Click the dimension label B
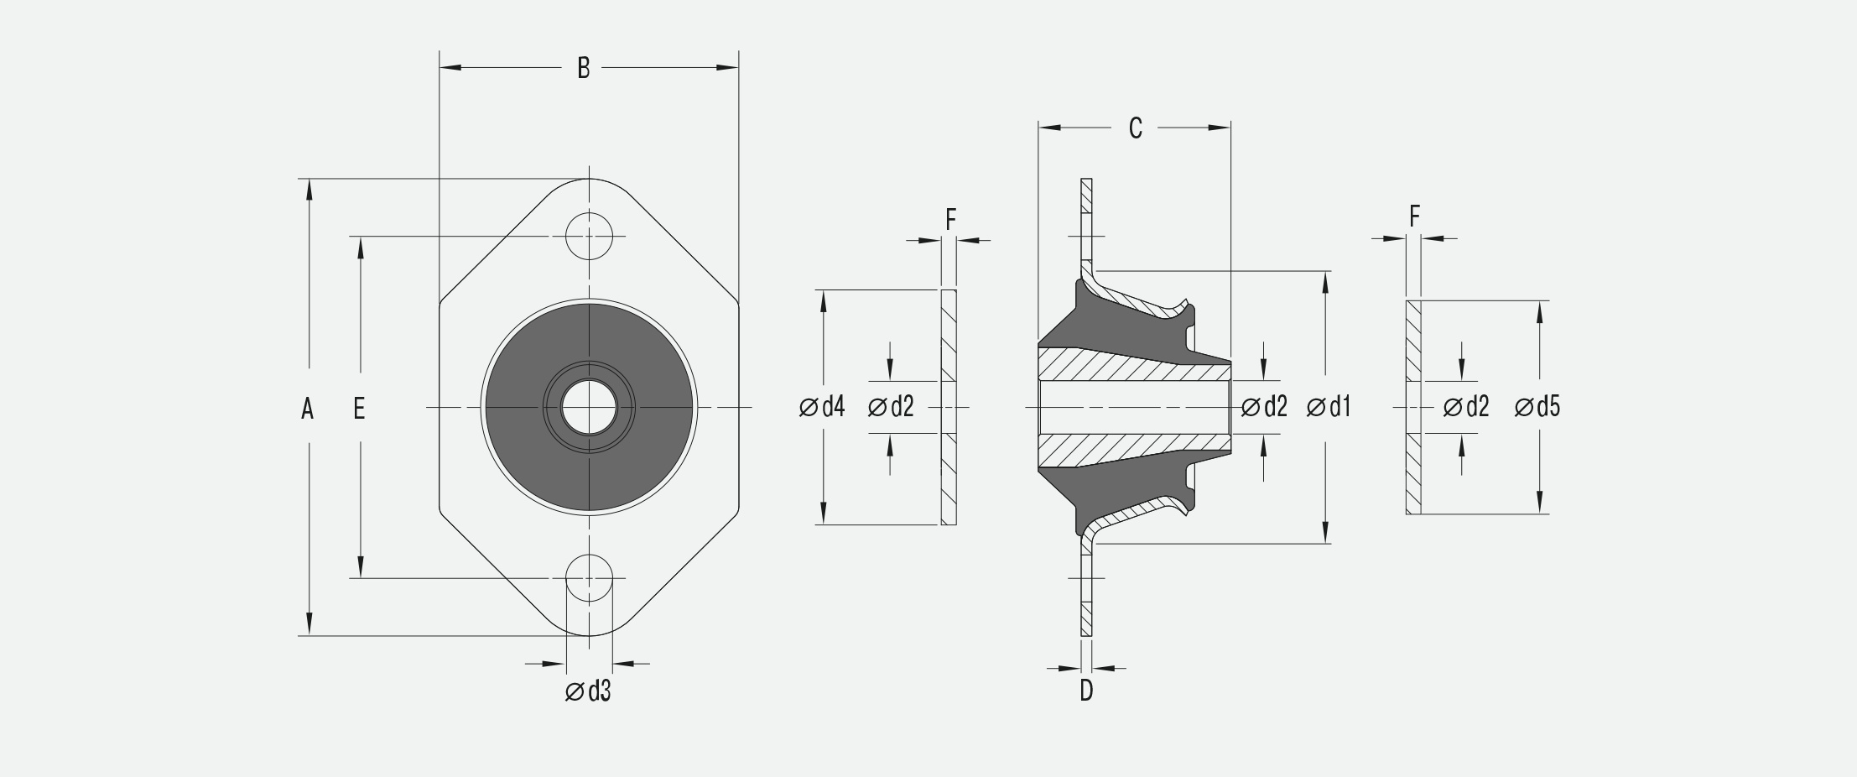pos(584,68)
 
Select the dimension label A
pos(308,409)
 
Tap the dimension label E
pos(359,409)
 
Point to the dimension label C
pos(1135,128)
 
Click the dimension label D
pos(1086,691)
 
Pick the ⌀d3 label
pos(588,691)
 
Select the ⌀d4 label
pos(822,407)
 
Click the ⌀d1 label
pos(1329,407)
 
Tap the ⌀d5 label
pos(1537,407)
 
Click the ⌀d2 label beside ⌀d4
pos(891,407)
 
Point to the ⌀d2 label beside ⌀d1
pos(1264,407)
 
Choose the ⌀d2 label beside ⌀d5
pos(1466,407)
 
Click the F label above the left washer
pos(950,220)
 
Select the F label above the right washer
pos(1414,217)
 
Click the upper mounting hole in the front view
pos(589,236)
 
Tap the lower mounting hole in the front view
pos(589,578)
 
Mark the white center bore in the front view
pos(589,408)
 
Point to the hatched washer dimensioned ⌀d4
pos(949,336)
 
